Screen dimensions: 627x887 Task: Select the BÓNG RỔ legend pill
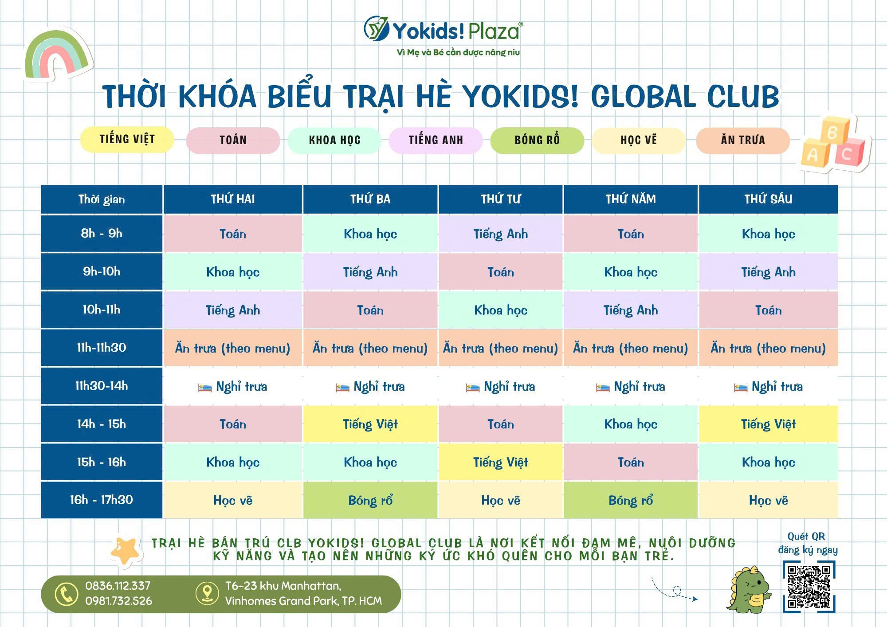point(537,140)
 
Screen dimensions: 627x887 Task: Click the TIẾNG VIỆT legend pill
point(127,140)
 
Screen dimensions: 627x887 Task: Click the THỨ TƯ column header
point(501,199)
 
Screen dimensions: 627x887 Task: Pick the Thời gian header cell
point(102,199)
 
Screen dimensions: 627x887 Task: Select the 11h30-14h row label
point(102,386)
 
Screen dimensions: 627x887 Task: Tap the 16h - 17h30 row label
point(102,500)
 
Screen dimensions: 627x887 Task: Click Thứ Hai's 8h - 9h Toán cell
point(233,234)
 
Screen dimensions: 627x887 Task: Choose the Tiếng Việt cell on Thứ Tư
point(501,462)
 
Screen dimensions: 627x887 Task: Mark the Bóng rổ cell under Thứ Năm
point(631,500)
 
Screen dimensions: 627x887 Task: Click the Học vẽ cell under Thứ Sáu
point(768,500)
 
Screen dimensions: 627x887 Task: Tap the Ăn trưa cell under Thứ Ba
point(370,348)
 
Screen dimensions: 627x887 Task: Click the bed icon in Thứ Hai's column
point(205,388)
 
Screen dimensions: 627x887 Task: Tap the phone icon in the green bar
point(67,594)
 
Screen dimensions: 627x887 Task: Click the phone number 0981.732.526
point(118,601)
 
